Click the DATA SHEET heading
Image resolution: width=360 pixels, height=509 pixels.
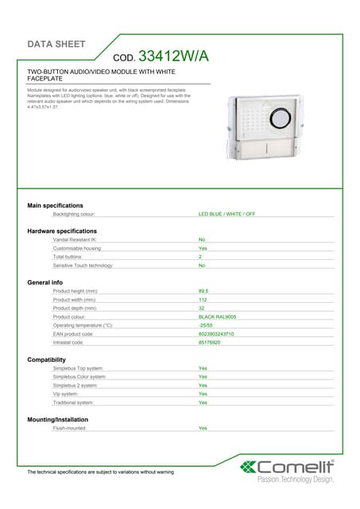point(56,44)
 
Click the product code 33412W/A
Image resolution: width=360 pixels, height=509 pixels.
point(173,56)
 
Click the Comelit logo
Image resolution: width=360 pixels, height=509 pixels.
point(288,467)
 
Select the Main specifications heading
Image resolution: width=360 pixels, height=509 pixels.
point(55,205)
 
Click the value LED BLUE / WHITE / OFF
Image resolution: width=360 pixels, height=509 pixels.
point(226,214)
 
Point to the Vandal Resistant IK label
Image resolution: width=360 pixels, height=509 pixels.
point(75,239)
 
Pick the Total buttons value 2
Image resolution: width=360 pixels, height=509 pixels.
point(200,257)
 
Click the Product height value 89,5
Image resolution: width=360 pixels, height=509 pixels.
point(203,291)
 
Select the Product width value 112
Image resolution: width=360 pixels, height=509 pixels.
point(202,300)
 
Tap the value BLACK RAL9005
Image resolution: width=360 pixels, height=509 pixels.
point(217,317)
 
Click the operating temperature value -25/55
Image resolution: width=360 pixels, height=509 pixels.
point(205,325)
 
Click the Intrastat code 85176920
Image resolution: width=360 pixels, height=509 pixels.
point(210,343)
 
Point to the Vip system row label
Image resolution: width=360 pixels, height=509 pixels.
point(65,394)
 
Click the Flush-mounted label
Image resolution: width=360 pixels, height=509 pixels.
point(70,428)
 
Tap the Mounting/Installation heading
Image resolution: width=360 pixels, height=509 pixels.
point(58,419)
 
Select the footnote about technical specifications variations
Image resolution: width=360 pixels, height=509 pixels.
point(100,472)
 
